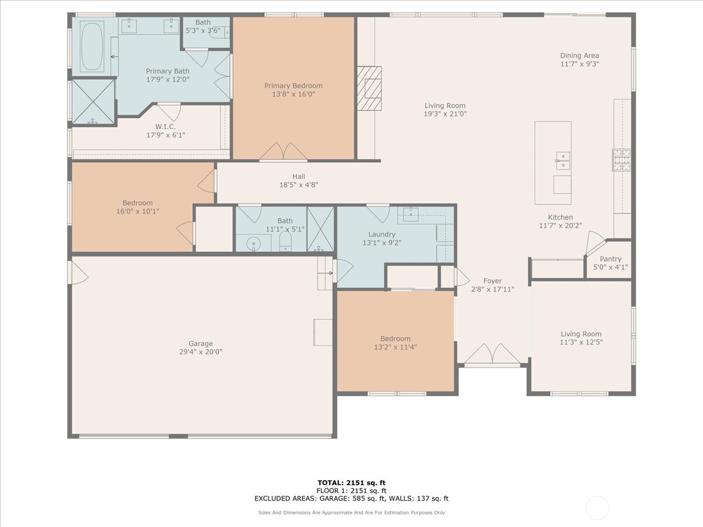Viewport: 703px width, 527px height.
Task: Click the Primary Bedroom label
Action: click(293, 85)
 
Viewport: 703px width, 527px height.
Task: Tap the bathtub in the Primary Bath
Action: click(92, 46)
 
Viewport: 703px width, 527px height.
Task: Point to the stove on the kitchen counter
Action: click(622, 159)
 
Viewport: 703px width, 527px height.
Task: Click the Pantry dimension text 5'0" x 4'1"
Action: click(610, 267)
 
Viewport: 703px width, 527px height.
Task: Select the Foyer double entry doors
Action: click(492, 354)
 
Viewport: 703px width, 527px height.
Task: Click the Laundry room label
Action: click(381, 234)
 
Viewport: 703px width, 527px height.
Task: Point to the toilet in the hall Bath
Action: click(285, 242)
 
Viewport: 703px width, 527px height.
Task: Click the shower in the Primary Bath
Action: click(93, 101)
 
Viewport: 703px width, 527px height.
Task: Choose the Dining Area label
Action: click(579, 56)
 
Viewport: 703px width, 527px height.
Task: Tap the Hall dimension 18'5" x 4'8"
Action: click(299, 184)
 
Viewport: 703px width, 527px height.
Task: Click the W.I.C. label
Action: click(165, 126)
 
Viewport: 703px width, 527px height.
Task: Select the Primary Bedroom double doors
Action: click(284, 152)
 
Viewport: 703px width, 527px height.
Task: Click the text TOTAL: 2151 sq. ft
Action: click(351, 482)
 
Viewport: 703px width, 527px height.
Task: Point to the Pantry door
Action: click(595, 242)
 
